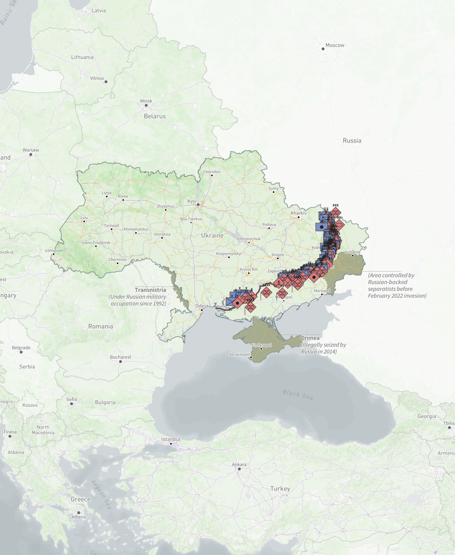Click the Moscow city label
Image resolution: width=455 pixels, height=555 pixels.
pos(335,45)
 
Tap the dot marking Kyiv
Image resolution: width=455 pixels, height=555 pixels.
pos(198,205)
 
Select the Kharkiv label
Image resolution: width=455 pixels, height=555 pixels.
pos(298,213)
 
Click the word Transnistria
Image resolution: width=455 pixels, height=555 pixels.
pos(150,290)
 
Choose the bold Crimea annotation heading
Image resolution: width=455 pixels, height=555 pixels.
pos(310,338)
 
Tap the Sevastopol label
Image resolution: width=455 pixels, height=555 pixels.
pos(239,354)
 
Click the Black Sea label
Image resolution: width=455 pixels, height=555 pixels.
pos(298,395)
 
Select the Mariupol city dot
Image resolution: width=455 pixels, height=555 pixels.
pos(322,294)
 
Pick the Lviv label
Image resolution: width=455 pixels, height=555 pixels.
pos(84,218)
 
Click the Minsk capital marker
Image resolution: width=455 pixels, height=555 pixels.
pos(146,105)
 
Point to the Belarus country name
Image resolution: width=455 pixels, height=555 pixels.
pos(155,116)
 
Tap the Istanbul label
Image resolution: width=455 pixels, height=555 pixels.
pos(171,439)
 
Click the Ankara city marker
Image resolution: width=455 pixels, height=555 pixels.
pos(239,469)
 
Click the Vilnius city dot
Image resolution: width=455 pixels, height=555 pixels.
pos(106,82)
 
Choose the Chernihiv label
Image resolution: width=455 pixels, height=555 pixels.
pos(212,172)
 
